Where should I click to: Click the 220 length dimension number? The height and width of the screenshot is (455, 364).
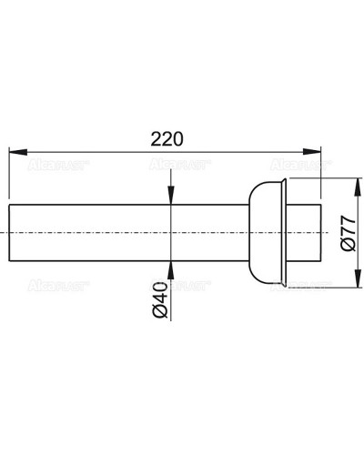(x=167, y=138)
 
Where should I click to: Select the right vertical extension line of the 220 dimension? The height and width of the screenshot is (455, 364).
(x=323, y=177)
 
